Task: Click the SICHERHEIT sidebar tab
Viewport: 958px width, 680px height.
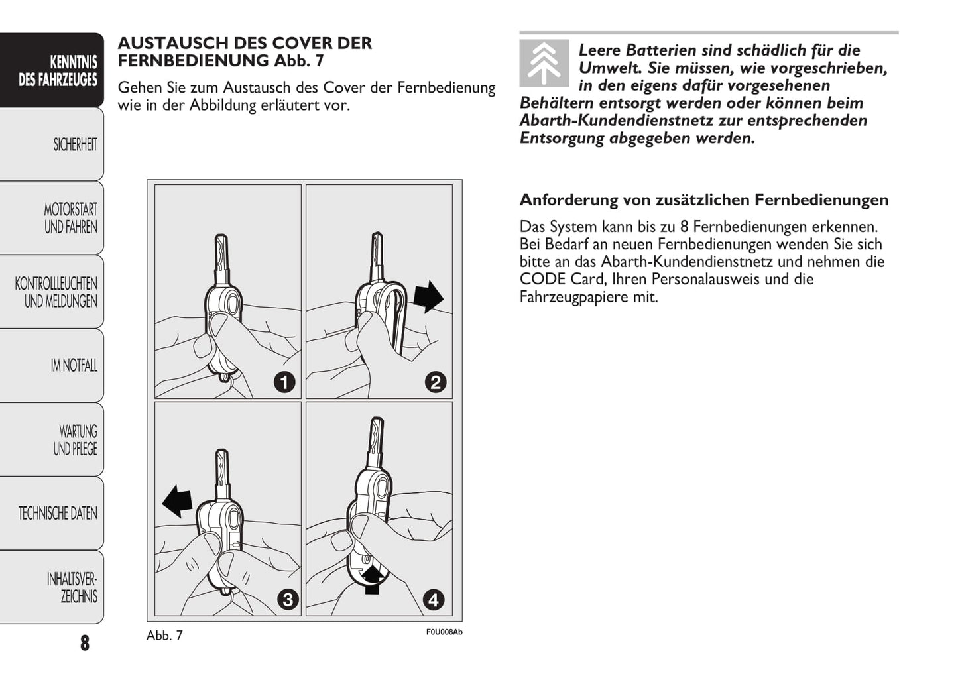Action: [x=53, y=144]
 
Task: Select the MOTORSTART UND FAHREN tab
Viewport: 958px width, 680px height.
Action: [x=53, y=218]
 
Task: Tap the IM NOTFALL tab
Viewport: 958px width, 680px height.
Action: [x=53, y=365]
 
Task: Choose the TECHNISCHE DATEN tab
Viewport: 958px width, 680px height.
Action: [x=53, y=513]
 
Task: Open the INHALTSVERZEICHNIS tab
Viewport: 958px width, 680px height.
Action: [x=53, y=587]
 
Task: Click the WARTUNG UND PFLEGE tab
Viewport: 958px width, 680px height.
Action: [x=53, y=439]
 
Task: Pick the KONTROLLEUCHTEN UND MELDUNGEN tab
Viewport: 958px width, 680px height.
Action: [x=53, y=292]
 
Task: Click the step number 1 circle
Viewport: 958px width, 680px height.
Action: [x=284, y=382]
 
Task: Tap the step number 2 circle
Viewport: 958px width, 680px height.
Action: [x=436, y=382]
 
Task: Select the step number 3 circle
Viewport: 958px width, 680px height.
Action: [x=287, y=600]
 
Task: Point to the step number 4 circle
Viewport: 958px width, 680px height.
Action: [x=434, y=600]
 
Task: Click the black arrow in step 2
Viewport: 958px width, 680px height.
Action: [x=428, y=296]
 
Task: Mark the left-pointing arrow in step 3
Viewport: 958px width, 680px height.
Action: [x=177, y=500]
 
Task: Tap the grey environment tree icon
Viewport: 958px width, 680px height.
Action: [x=544, y=63]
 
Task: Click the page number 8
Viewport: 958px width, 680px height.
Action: [x=84, y=642]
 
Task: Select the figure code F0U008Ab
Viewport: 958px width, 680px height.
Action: [x=444, y=632]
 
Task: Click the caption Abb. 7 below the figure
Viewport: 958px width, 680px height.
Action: [x=164, y=635]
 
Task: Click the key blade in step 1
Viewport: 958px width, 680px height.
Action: [x=221, y=255]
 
